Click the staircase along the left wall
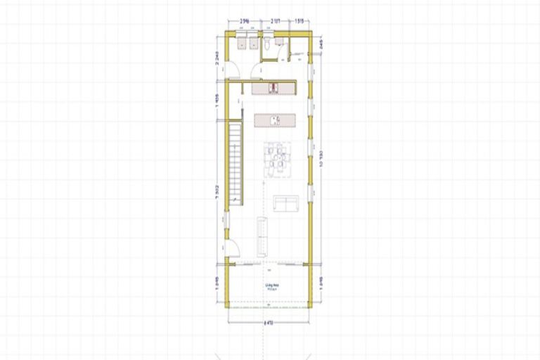tap(234, 161)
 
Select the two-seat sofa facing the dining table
tap(285, 203)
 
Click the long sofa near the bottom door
tap(262, 236)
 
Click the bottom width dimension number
tap(268, 323)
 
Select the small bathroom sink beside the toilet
tap(281, 42)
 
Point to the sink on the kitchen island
tap(275, 120)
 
